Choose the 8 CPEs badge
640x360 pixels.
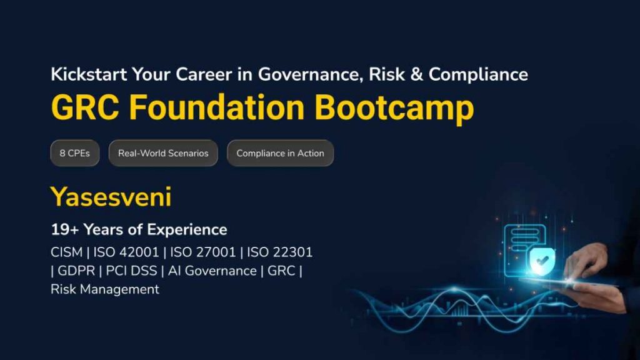click(74, 154)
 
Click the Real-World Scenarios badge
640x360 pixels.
click(163, 154)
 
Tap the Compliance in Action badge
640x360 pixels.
click(280, 154)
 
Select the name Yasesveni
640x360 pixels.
click(111, 197)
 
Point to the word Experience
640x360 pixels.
click(190, 229)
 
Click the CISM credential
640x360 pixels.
click(66, 252)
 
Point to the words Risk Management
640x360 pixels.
click(105, 289)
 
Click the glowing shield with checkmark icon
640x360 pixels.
click(539, 263)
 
